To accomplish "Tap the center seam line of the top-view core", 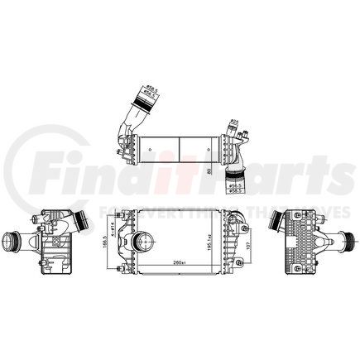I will tap(180, 146).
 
